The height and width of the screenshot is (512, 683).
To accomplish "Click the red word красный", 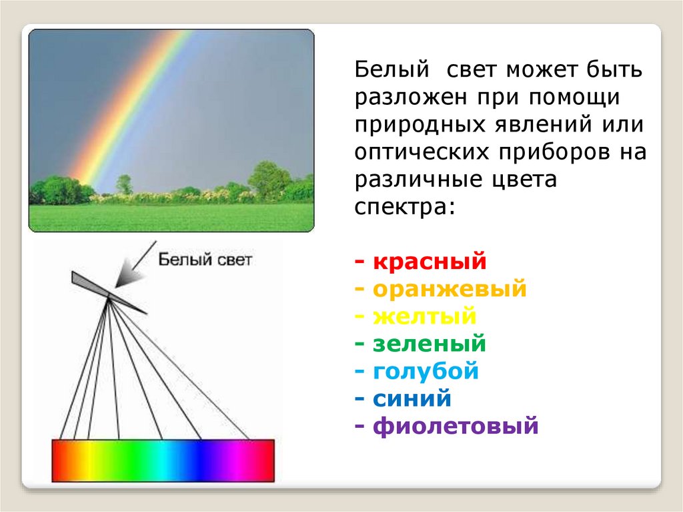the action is pyautogui.click(x=430, y=262).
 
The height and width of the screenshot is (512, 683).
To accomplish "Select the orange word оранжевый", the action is pyautogui.click(x=450, y=289).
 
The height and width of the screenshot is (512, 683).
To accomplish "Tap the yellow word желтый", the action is pyautogui.click(x=425, y=316).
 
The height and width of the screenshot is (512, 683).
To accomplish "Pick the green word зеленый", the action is pyautogui.click(x=429, y=344).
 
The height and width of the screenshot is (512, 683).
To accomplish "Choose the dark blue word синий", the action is pyautogui.click(x=412, y=399).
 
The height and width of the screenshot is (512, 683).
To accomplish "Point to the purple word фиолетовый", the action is pyautogui.click(x=456, y=426).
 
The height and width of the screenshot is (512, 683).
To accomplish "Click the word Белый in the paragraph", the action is pyautogui.click(x=392, y=70).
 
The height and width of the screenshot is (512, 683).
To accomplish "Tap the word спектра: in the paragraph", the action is pyautogui.click(x=405, y=207).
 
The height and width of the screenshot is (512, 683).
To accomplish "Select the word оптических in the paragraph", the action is pyautogui.click(x=422, y=152).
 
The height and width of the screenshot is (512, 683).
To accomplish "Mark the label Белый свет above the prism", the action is pyautogui.click(x=205, y=260).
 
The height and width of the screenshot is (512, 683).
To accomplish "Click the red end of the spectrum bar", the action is pyautogui.click(x=61, y=461).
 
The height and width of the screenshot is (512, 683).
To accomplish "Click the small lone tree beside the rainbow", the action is pyautogui.click(x=125, y=184).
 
